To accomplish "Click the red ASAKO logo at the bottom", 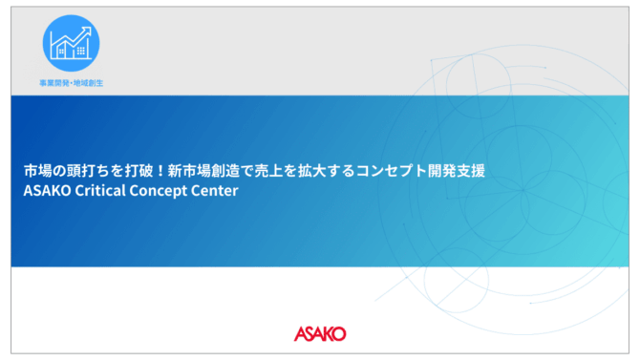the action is [x=320, y=334].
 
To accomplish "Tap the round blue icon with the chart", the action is [x=71, y=43].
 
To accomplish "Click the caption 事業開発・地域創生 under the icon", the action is [x=71, y=83].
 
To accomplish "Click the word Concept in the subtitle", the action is [x=158, y=191].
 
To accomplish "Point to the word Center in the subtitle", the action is [x=214, y=191].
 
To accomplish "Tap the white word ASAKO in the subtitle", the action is [x=47, y=191].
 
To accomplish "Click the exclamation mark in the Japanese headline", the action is [x=160, y=171].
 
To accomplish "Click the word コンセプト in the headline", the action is [x=392, y=171].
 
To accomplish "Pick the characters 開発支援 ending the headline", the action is [x=457, y=171].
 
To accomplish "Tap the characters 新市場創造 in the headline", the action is [x=203, y=171].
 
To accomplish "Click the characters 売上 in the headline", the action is [x=268, y=171].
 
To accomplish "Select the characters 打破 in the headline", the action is [x=139, y=171].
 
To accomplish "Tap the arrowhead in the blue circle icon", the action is [x=87, y=31].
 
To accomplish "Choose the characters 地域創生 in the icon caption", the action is [x=88, y=83].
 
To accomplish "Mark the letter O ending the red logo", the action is [x=339, y=334].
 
